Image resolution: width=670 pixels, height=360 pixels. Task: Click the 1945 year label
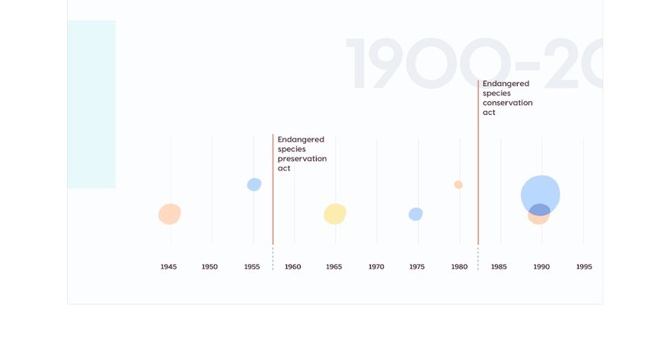point(169,267)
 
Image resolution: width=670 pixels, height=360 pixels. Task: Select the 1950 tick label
point(210,267)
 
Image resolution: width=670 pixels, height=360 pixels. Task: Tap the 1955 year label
point(252,267)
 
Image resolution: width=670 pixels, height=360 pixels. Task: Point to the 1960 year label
point(293,267)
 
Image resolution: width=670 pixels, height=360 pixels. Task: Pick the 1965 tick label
point(334,267)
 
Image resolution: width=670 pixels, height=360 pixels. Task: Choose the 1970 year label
point(376,267)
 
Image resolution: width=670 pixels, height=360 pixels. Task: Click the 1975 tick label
point(417,267)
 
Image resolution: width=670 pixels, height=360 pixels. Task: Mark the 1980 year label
point(459,267)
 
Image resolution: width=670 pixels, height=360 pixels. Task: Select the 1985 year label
point(499,267)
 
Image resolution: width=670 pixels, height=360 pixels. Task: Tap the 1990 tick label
point(541,267)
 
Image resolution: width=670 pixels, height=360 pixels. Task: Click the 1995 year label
point(584,267)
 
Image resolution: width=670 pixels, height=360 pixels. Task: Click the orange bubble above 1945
point(170,215)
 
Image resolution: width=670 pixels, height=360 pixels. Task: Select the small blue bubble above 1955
point(254,184)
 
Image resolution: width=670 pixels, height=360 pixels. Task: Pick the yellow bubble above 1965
point(335,214)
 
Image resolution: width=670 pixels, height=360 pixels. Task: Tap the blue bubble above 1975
point(416,214)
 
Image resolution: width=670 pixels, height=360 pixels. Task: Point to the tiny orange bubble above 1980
point(458,184)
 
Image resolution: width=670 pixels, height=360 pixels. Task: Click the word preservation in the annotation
point(302,159)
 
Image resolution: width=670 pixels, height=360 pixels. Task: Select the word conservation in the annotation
point(508,103)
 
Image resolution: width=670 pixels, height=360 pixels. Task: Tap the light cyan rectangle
point(91,104)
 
